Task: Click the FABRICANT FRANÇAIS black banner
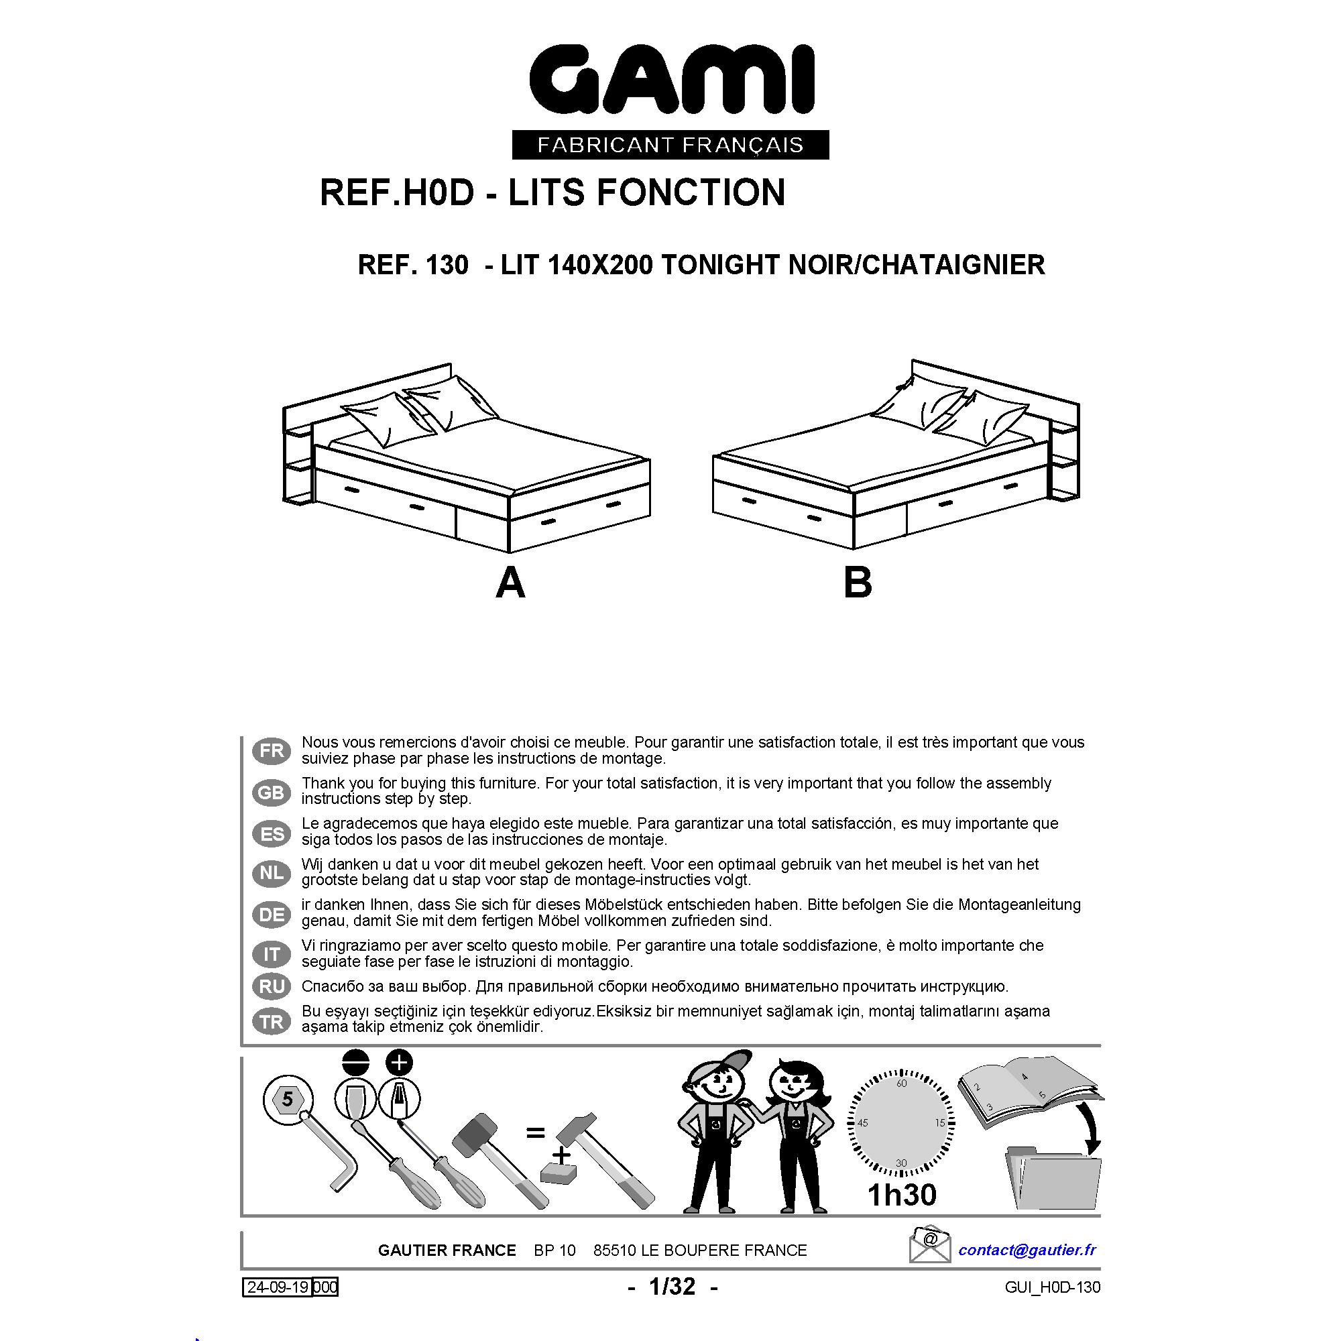(670, 144)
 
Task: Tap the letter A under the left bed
(510, 583)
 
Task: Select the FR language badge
(272, 750)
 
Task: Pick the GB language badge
(272, 792)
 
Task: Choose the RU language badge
(272, 986)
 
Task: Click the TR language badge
(272, 1022)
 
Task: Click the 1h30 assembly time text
(902, 1195)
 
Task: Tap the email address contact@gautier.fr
(1027, 1250)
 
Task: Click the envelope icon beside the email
(929, 1244)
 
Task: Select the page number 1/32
(672, 1287)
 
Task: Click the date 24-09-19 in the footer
(278, 1287)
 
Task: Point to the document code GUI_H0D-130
(1052, 1287)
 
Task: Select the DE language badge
(272, 914)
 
